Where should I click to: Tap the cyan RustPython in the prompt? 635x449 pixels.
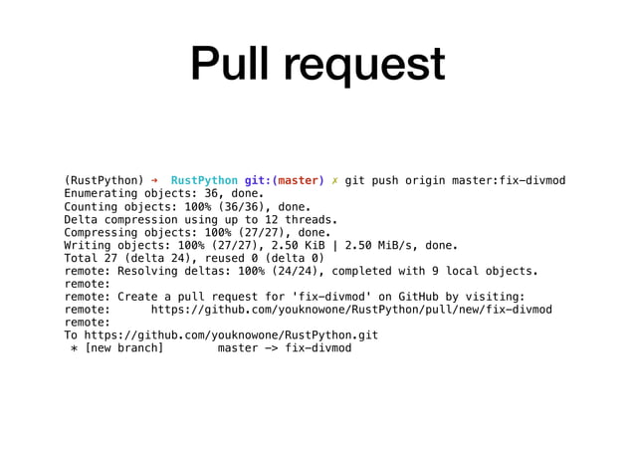(x=204, y=180)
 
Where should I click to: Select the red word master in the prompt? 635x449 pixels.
(x=298, y=180)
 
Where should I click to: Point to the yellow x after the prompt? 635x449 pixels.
(x=335, y=180)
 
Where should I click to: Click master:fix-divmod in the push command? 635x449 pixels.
(x=506, y=180)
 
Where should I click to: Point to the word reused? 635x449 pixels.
(x=211, y=258)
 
